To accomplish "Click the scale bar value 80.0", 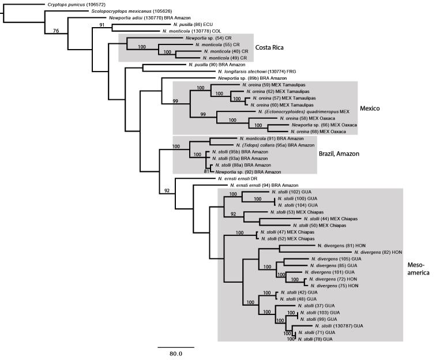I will point(176,354).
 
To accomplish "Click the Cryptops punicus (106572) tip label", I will point(75,4).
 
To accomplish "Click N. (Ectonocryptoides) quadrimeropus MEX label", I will point(306,111).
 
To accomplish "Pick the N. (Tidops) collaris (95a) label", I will point(262,145).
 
